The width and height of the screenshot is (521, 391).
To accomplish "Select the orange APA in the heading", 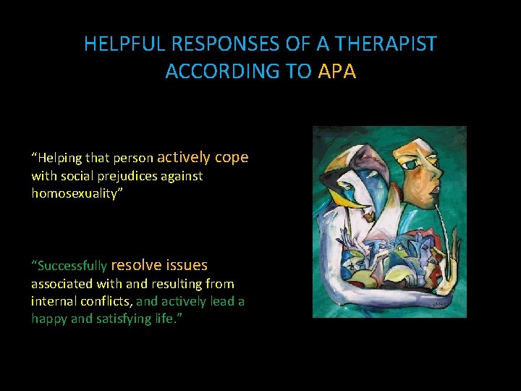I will [336, 72].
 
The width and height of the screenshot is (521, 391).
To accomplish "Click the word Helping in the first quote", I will [61, 158].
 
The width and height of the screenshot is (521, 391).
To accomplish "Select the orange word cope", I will [231, 157].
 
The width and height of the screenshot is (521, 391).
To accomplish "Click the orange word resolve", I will [136, 265].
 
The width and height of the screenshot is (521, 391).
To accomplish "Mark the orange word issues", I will [187, 265].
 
